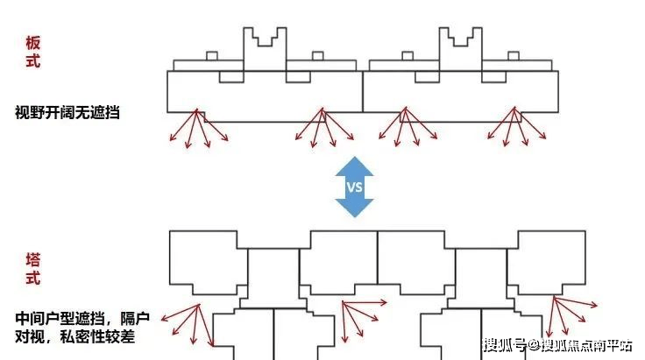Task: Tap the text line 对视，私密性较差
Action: click(x=76, y=337)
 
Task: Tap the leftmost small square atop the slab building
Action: click(x=211, y=56)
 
